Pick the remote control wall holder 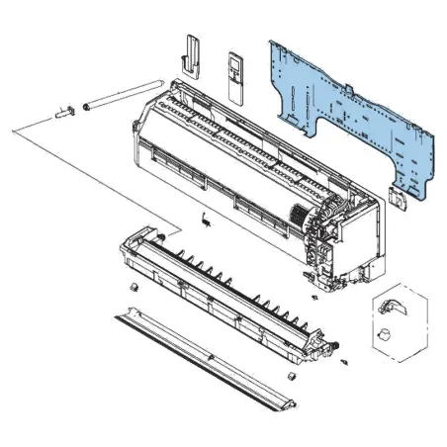click(190, 54)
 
